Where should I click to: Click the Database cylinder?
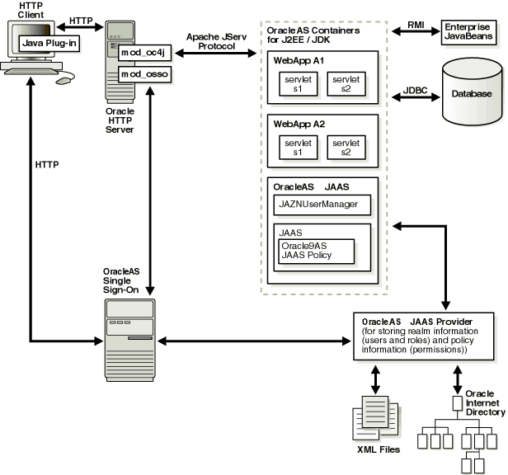(471, 92)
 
